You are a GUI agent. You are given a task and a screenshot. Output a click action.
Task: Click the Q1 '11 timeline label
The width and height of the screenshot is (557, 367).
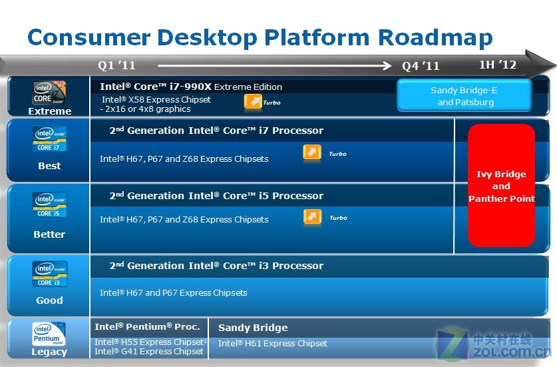(116, 65)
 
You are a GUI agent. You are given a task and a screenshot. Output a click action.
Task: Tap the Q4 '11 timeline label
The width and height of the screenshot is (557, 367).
(421, 66)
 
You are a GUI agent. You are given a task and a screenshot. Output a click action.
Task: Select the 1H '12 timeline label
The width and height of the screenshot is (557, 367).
(498, 65)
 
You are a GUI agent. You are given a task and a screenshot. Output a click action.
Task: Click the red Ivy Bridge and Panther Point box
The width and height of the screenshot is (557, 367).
(501, 186)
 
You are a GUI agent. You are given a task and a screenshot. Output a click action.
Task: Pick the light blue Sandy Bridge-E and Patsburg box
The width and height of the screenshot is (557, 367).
(464, 95)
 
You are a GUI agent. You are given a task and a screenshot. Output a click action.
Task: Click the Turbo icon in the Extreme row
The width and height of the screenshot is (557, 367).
(253, 102)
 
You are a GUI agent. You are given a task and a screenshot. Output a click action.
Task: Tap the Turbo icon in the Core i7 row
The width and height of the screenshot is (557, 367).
(312, 153)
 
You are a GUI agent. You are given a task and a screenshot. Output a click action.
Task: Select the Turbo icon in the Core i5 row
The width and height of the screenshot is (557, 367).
(313, 217)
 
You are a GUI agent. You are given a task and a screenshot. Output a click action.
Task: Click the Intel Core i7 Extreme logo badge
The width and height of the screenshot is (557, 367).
(49, 93)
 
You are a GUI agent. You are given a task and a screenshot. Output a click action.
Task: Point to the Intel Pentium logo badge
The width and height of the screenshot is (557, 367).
(49, 334)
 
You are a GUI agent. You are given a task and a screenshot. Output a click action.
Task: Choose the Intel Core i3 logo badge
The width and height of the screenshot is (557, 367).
(50, 274)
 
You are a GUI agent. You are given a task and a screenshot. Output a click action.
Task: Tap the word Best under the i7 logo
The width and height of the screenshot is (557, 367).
(49, 166)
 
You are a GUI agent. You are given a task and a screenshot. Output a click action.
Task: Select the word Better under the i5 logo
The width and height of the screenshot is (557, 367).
(49, 234)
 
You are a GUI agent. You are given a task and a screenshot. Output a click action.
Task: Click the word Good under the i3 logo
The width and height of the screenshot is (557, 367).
(49, 300)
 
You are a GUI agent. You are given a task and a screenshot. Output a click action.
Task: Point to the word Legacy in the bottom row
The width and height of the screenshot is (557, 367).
(49, 352)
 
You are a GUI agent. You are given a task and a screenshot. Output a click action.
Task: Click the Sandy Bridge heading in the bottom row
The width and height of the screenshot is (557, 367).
(253, 328)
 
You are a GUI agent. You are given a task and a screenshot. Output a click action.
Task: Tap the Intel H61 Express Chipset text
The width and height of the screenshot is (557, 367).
(273, 343)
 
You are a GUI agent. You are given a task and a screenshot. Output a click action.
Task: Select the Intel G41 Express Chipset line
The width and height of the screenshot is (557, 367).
(149, 352)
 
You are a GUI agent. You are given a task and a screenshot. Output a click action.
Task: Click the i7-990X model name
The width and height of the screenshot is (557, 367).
(191, 87)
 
